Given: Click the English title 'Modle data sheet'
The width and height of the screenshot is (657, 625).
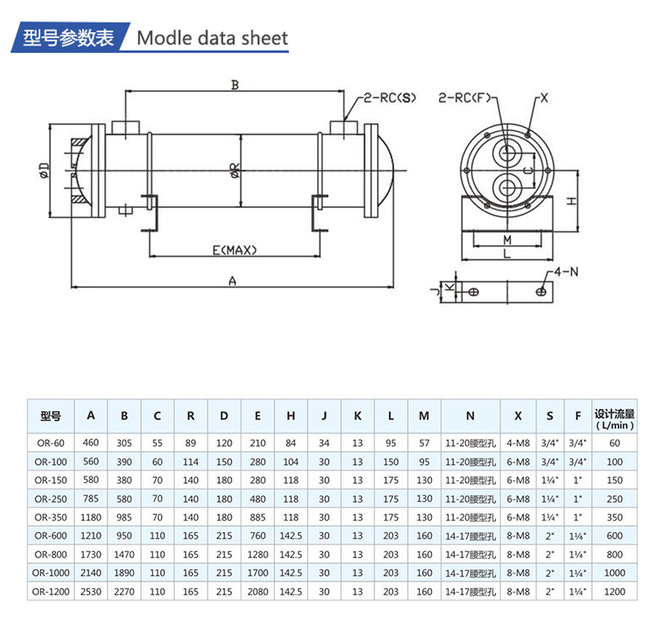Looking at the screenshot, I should click(x=212, y=38).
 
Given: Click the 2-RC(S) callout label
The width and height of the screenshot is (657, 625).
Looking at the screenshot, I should click(x=390, y=98).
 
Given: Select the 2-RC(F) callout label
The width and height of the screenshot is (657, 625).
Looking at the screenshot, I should click(x=464, y=98).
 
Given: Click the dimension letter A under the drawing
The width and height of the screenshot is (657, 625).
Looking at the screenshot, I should click(x=232, y=280).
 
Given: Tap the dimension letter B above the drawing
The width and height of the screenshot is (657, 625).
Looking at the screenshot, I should click(x=234, y=85).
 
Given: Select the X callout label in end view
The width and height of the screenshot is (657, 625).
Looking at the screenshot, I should click(x=544, y=98).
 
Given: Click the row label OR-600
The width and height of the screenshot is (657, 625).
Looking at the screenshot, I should click(x=50, y=535).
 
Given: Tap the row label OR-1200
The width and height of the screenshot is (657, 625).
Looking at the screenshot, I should click(x=50, y=591).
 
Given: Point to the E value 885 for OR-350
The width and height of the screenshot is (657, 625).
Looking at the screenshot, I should click(x=258, y=516).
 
